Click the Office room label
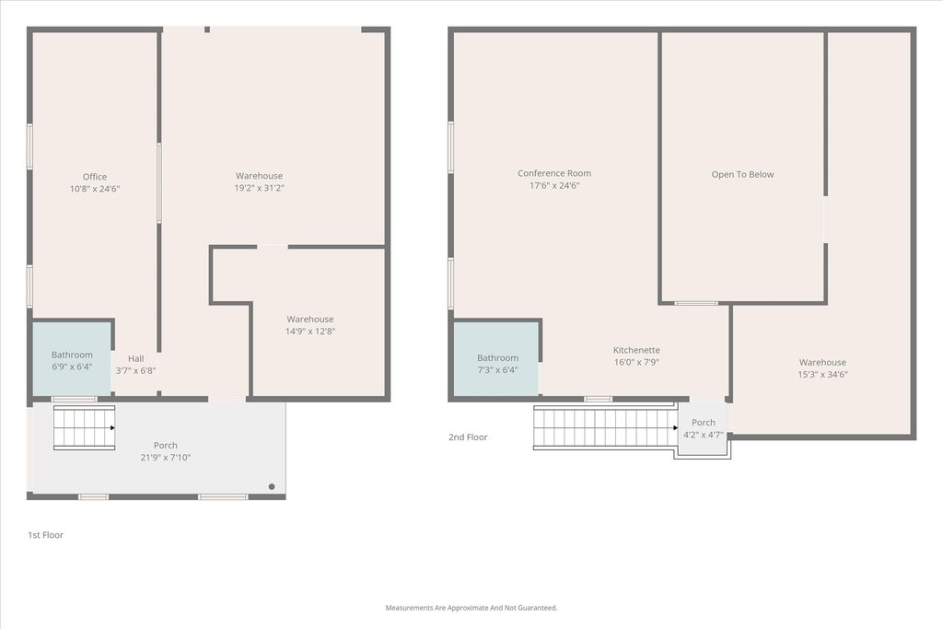(x=95, y=177)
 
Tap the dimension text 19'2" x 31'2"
(x=259, y=188)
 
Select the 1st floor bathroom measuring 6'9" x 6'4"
(x=72, y=359)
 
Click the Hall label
(x=136, y=358)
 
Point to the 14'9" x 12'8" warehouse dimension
(x=310, y=332)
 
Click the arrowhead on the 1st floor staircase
(x=111, y=428)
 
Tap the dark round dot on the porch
(x=272, y=486)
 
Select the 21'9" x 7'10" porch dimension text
(x=166, y=458)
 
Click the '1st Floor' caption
(x=46, y=535)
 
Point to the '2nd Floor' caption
(x=468, y=437)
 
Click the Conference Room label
(x=554, y=173)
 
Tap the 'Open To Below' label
(x=743, y=174)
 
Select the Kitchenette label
(x=636, y=350)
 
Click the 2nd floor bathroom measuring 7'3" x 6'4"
(x=496, y=359)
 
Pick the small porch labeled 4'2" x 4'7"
(x=703, y=428)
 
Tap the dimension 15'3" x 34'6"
(x=822, y=375)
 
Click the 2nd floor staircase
(x=604, y=427)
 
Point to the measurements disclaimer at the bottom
(x=471, y=608)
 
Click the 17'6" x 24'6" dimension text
(x=554, y=186)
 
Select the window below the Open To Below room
(x=696, y=303)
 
